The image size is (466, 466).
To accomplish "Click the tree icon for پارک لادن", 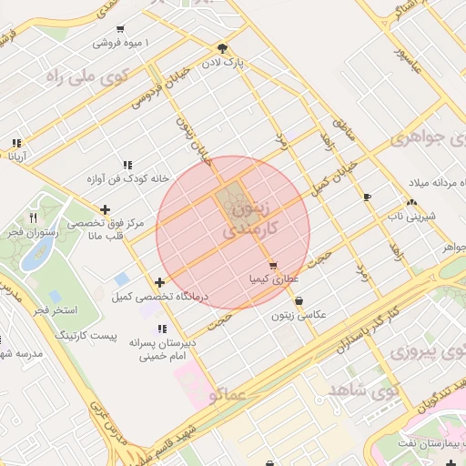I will (x=223, y=48).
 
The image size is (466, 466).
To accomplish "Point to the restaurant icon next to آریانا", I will (x=15, y=143).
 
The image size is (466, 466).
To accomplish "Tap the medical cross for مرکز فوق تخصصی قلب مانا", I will (x=106, y=210).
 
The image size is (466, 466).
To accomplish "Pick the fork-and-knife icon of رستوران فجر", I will (x=34, y=218).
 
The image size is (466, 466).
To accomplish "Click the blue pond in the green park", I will (x=35, y=254).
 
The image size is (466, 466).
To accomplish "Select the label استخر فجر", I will (x=54, y=311).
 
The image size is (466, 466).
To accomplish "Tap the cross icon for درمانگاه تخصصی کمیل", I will (x=160, y=283).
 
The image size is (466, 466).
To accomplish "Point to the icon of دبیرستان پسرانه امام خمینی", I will (x=162, y=329).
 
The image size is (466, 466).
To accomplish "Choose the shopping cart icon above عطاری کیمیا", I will (x=273, y=266).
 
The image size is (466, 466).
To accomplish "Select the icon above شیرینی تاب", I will (x=412, y=202).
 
